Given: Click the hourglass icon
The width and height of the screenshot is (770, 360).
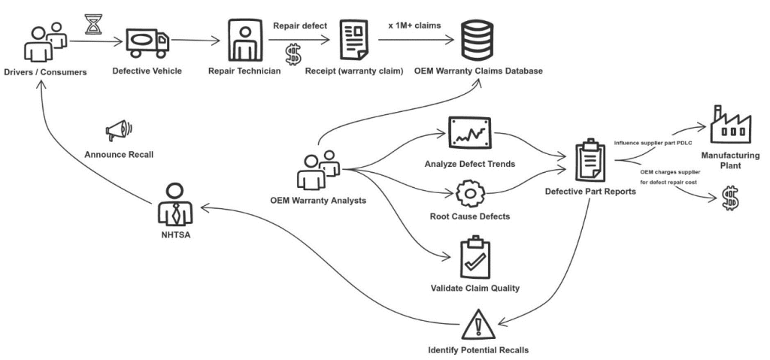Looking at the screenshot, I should pos(93,26).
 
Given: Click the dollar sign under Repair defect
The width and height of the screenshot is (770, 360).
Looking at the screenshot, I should pos(293,55).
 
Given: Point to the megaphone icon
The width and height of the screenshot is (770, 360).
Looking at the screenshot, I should pos(120,132).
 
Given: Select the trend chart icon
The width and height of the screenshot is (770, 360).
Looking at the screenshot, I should pos(469,133).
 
